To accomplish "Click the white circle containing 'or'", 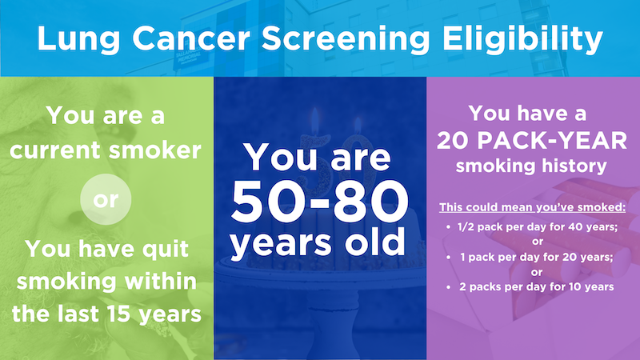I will [106, 199].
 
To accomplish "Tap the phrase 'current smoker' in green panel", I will [106, 150].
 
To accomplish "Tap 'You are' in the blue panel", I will [320, 158].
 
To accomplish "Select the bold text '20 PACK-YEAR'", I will [533, 142].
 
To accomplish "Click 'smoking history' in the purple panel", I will [533, 167].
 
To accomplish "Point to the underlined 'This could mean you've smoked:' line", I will [533, 208].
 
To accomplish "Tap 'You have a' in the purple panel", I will [533, 114].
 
